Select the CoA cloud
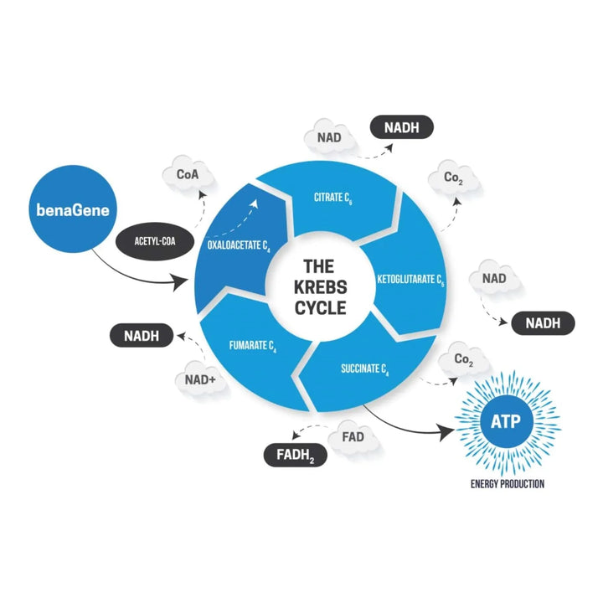tap(187, 177)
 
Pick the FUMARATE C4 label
tap(253, 343)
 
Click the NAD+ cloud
tap(200, 381)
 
